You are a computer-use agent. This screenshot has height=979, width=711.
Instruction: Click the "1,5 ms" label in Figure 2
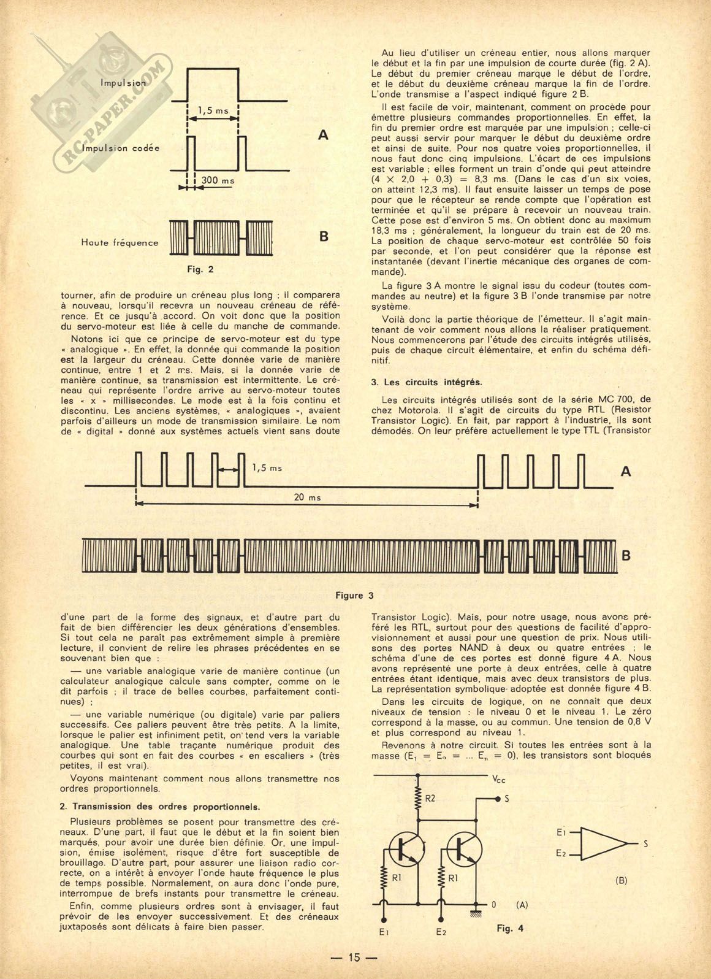tap(213, 111)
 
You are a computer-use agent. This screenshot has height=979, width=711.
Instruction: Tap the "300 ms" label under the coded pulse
tap(218, 181)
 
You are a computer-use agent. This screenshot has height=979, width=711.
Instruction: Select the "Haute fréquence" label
tap(120, 242)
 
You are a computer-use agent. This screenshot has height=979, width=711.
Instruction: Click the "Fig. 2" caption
tap(200, 269)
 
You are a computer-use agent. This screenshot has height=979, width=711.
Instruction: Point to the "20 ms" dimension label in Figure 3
tap(307, 497)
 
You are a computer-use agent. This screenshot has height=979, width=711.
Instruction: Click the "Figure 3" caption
tap(354, 595)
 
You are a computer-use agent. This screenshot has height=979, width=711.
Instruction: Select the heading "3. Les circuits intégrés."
tap(427, 382)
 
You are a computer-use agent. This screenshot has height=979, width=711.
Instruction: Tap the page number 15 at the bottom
tap(355, 958)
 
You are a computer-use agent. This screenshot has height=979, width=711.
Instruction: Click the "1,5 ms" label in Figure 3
tap(267, 468)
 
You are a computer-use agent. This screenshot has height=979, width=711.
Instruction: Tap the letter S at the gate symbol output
tap(645, 844)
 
